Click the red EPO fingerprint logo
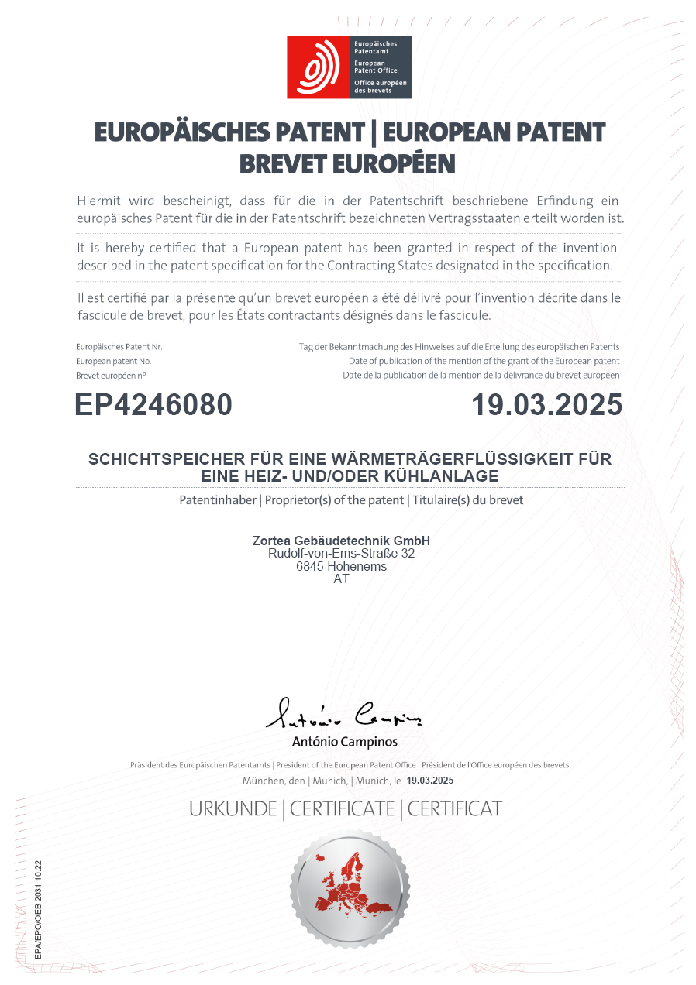tap(318, 67)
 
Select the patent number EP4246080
tap(153, 405)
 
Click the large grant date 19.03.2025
tap(547, 405)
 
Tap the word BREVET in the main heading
tap(283, 164)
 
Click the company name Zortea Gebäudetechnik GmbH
tap(341, 541)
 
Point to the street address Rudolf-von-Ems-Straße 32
tap(341, 554)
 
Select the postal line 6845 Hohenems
tap(341, 567)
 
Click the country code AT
tap(341, 579)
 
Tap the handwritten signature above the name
tap(343, 714)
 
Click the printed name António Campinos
tap(344, 742)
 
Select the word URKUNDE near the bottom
tap(233, 809)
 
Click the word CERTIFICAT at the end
tap(455, 809)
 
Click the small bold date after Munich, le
tap(429, 781)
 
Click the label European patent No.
tap(113, 362)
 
